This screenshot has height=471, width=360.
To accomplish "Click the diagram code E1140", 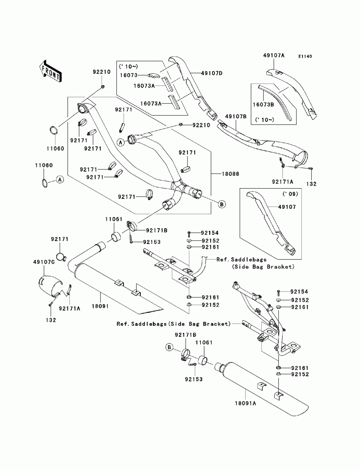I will click(x=305, y=56).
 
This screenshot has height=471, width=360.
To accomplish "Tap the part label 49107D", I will click(x=203, y=73).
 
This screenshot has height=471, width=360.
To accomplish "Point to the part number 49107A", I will click(x=274, y=55).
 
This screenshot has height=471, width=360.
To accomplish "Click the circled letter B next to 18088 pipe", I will click(x=222, y=204).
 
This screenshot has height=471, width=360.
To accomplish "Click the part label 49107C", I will click(x=44, y=262).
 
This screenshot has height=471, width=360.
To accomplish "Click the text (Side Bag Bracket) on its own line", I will click(x=263, y=267).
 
